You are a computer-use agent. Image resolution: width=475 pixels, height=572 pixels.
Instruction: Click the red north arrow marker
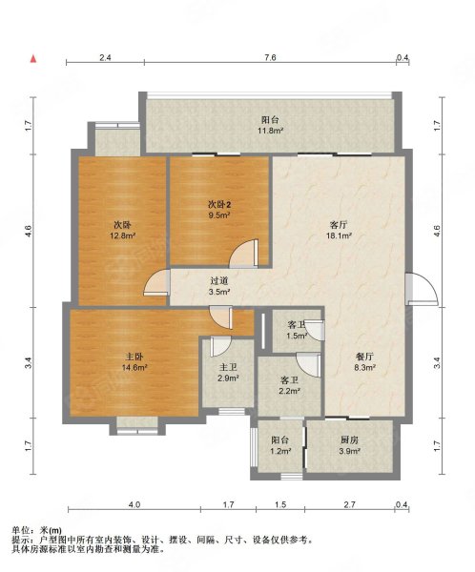point(33,58)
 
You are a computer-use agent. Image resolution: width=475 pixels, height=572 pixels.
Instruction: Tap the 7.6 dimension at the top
point(270,57)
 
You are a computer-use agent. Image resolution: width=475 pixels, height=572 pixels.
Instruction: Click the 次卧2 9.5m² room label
point(219,210)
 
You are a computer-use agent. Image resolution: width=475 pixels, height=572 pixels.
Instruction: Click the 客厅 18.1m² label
point(339,230)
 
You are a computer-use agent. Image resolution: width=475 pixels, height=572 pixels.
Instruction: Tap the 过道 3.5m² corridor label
point(219,286)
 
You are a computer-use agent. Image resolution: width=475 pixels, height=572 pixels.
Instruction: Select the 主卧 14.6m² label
point(134,362)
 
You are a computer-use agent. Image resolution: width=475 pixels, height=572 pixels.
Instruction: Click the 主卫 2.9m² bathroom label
point(228,373)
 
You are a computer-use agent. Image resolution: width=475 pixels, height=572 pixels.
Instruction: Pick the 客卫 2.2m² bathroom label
point(290,386)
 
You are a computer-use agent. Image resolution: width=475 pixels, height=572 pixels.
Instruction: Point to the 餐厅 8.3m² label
point(364,362)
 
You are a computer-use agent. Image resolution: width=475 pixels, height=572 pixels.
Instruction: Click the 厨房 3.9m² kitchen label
point(350,445)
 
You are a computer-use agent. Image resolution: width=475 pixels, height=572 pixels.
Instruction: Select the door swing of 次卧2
point(244,254)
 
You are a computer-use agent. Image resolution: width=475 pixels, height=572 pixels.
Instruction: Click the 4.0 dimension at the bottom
point(134,505)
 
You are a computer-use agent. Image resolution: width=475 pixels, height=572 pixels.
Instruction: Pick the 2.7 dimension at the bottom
point(349,505)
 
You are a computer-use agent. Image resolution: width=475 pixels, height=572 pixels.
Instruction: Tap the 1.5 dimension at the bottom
point(280,505)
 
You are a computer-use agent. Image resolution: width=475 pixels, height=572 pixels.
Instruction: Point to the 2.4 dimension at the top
point(105,57)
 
